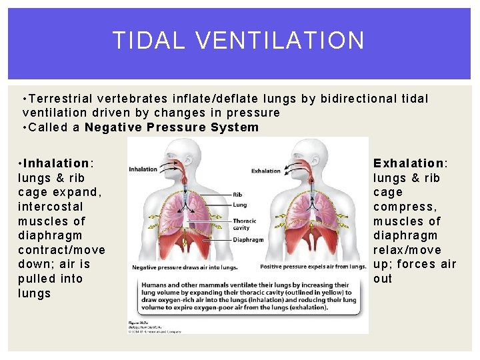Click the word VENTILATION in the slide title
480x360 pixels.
tap(281, 41)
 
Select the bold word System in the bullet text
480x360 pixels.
tap(235, 127)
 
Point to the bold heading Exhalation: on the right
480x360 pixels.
tap(410, 163)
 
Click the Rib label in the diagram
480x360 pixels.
tap(237, 195)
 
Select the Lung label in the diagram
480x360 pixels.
tap(239, 205)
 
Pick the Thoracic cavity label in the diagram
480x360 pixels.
tap(243, 224)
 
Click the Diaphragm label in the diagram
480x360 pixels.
tap(248, 239)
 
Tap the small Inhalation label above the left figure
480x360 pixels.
tap(143, 169)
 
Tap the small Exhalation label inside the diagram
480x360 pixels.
tap(266, 171)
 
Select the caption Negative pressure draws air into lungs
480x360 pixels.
tap(185, 267)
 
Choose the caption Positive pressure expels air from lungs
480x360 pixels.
tap(313, 267)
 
